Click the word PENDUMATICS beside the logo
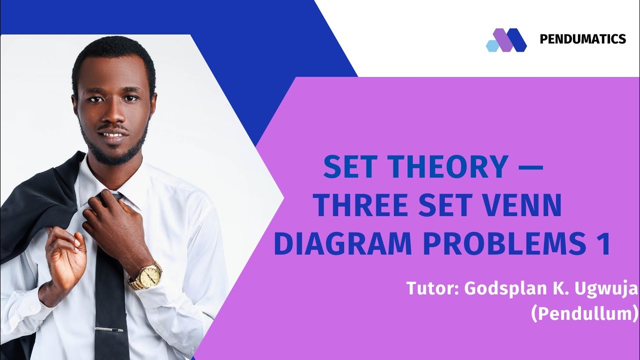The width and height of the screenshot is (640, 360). [x=582, y=39]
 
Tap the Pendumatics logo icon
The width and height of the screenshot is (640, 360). [x=506, y=40]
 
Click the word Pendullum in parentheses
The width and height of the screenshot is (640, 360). [x=585, y=313]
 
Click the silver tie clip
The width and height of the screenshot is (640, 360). [x=110, y=329]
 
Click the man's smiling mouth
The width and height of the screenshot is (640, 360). [x=112, y=135]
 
